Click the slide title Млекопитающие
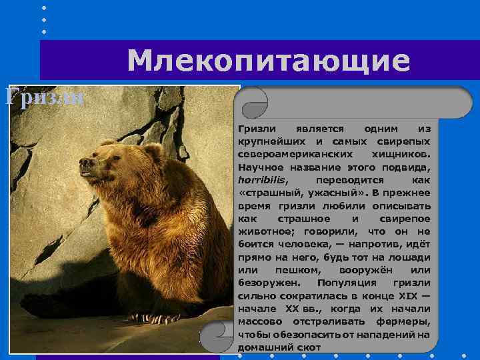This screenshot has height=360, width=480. pos(269,61)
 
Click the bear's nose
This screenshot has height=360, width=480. pos(83,161)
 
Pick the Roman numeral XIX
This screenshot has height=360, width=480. pos(407,297)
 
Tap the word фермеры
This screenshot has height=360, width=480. pos(407,322)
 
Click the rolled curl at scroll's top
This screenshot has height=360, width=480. pos(254,104)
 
